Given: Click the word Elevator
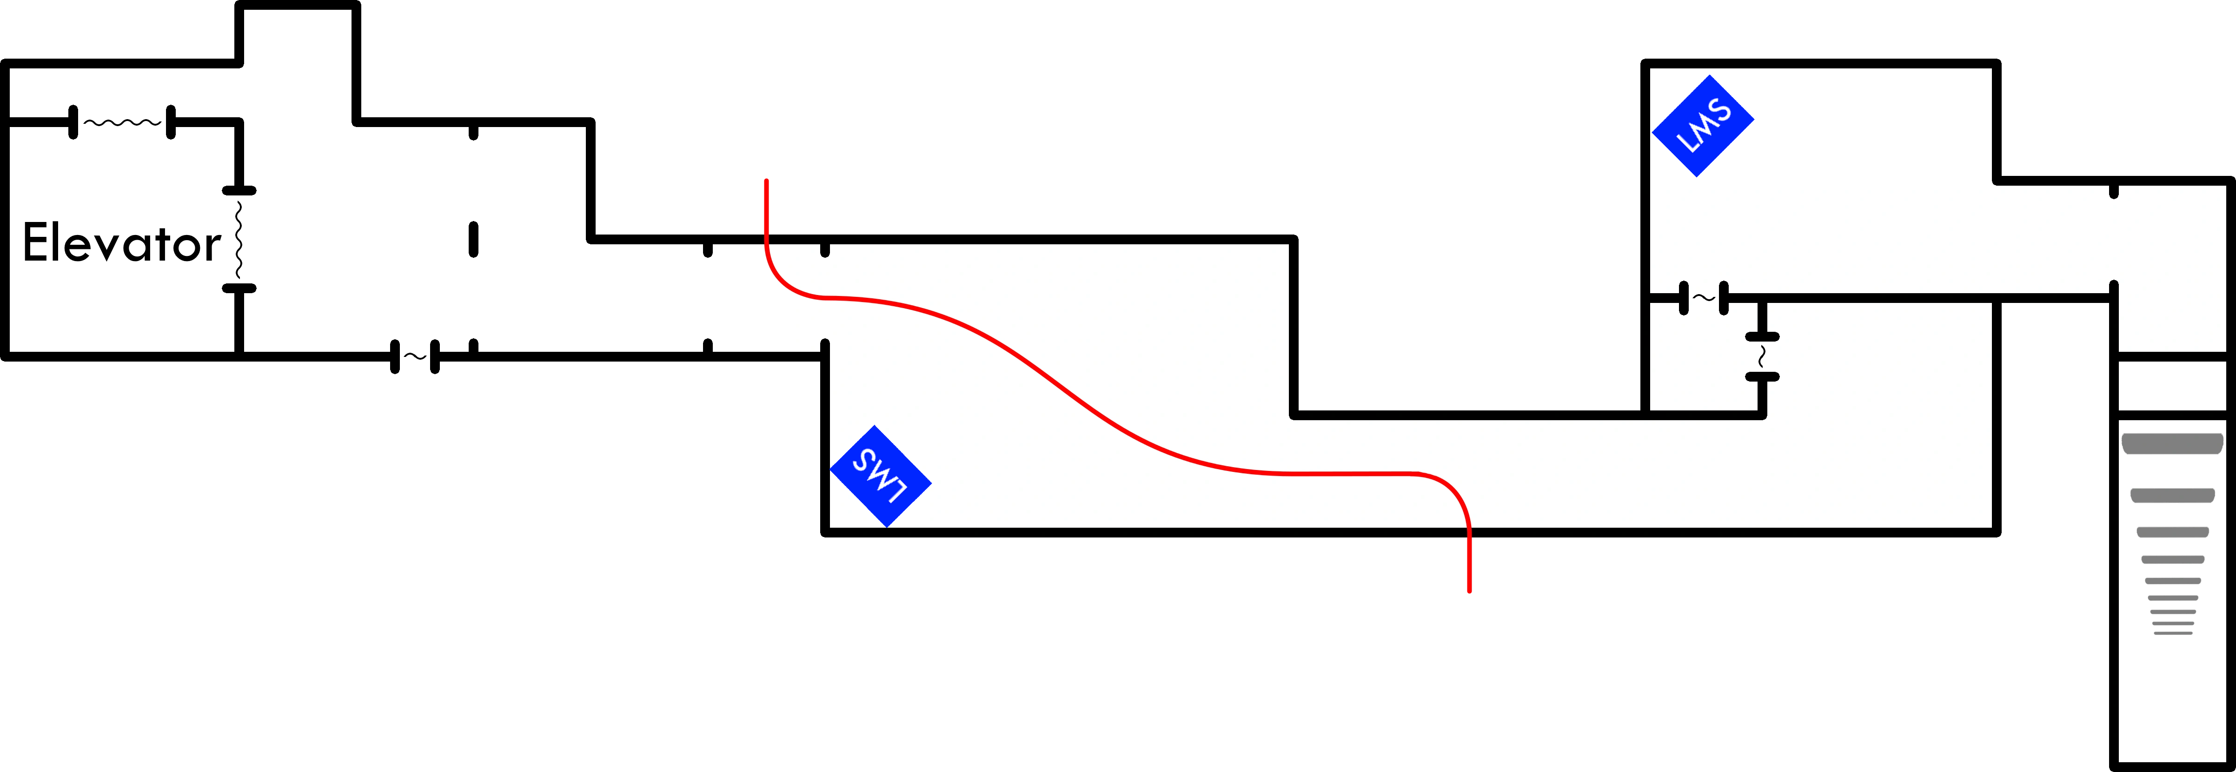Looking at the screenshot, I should point(121,243).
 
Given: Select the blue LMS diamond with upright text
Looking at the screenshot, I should point(1702,126).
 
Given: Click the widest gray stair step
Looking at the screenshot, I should point(2172,444).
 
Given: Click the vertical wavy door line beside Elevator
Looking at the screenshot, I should point(239,239).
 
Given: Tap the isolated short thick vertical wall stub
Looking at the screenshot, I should point(473,240).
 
